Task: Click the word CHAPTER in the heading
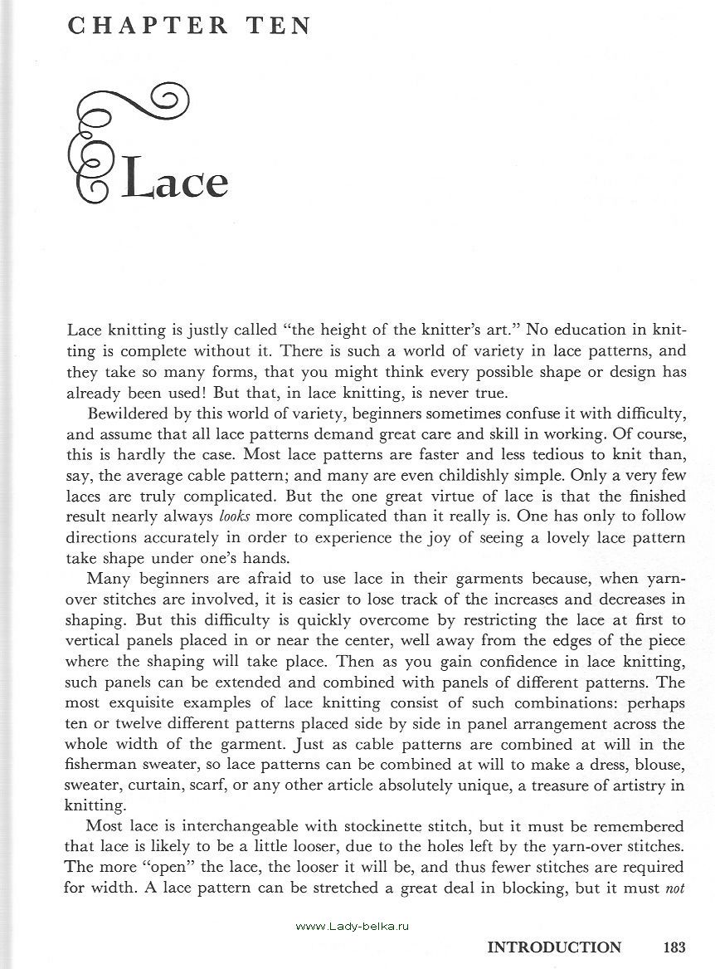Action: pos(148,26)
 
